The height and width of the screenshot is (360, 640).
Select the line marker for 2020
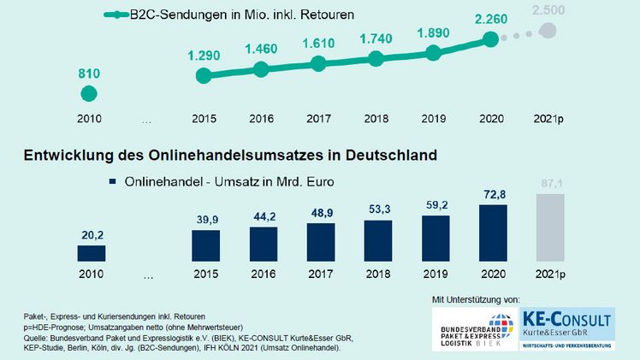[x=490, y=39]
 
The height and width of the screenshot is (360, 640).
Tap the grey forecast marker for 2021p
[x=548, y=32]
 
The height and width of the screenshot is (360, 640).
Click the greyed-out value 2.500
[x=548, y=10]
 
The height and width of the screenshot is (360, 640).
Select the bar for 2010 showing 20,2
[x=91, y=253]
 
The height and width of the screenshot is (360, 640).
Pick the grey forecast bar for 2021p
[x=549, y=227]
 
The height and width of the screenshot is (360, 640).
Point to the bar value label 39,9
[x=206, y=221]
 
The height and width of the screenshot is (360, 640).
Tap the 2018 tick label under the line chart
[x=376, y=119]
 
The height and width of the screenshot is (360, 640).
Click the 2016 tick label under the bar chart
[x=264, y=275]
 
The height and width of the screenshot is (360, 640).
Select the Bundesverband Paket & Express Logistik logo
[x=479, y=330]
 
